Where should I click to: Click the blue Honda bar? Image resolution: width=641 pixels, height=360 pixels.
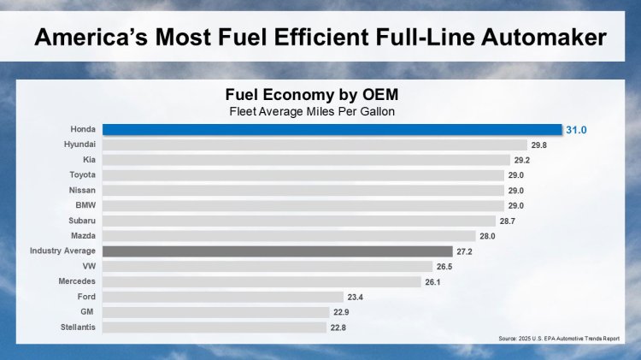pyautogui.click(x=332, y=130)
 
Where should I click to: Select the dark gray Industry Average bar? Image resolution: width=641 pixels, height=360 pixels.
pyautogui.click(x=278, y=251)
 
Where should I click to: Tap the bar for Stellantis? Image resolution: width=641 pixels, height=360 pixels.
pyautogui.click(x=215, y=328)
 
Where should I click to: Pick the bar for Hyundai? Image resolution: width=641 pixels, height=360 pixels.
pyautogui.click(x=315, y=145)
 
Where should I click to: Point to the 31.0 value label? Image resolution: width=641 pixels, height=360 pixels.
pyautogui.click(x=577, y=130)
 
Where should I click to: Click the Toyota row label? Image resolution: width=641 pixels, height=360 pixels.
pyautogui.click(x=82, y=175)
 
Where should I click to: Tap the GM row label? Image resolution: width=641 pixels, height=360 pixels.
pyautogui.click(x=88, y=312)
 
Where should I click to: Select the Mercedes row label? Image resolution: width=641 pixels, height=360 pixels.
pyautogui.click(x=77, y=281)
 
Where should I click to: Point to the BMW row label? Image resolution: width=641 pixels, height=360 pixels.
pyautogui.click(x=85, y=206)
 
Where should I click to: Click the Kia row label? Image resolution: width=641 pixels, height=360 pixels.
pyautogui.click(x=88, y=160)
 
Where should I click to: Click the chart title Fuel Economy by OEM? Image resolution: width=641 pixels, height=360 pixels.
pyautogui.click(x=311, y=94)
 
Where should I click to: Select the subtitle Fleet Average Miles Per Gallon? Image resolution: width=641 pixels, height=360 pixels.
pyautogui.click(x=311, y=110)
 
